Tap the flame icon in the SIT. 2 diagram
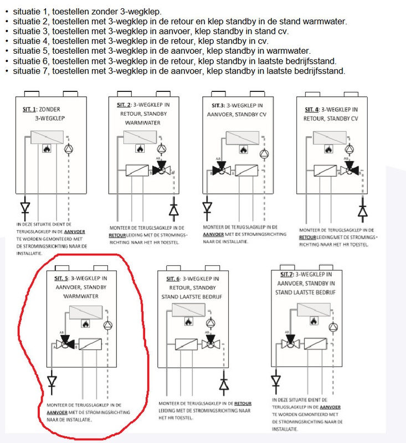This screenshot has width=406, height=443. [x=140, y=149]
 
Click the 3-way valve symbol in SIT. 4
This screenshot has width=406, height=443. [x=350, y=169]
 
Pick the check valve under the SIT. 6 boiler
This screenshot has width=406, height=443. [x=224, y=383]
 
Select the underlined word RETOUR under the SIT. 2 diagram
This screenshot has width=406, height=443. [x=126, y=234]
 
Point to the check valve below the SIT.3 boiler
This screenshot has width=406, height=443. [x=207, y=208]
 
